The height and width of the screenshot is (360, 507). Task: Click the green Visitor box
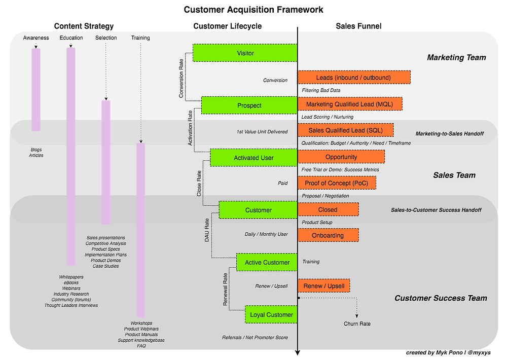pyautogui.click(x=245, y=53)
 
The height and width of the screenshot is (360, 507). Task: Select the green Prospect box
pyautogui.click(x=249, y=105)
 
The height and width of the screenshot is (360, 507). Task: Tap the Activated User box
pyautogui.click(x=253, y=158)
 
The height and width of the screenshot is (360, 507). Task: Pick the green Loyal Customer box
pyautogui.click(x=271, y=314)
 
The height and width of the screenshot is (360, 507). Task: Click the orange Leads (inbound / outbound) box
pyautogui.click(x=354, y=77)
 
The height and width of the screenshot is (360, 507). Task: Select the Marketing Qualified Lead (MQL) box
pyautogui.click(x=350, y=104)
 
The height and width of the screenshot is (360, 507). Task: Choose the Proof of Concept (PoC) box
pyautogui.click(x=337, y=183)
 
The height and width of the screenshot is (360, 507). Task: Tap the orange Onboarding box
pyautogui.click(x=328, y=235)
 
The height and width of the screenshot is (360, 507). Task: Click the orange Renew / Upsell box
pyautogui.click(x=323, y=285)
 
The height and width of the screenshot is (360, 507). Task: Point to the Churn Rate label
pyautogui.click(x=357, y=323)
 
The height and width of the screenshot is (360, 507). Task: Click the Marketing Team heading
pyautogui.click(x=456, y=57)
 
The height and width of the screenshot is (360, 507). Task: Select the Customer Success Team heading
pyautogui.click(x=441, y=298)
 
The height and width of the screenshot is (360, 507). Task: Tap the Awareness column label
pyautogui.click(x=36, y=38)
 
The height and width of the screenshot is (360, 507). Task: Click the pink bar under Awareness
pyautogui.click(x=36, y=90)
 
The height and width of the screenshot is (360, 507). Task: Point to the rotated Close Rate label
pyautogui.click(x=199, y=184)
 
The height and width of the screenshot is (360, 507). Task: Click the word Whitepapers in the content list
pyautogui.click(x=71, y=277)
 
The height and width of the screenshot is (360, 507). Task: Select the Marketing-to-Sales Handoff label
pyautogui.click(x=449, y=133)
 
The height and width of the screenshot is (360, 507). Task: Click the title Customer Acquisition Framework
pyautogui.click(x=253, y=10)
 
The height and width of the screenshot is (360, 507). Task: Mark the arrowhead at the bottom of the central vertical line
pyautogui.click(x=298, y=352)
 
